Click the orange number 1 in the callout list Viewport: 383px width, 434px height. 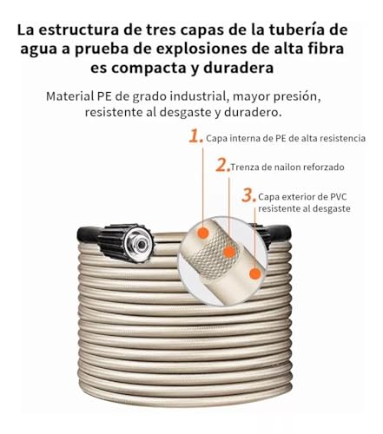[x=195, y=135]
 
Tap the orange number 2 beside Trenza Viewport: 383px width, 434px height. [x=222, y=165]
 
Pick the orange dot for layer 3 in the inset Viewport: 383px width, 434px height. [x=254, y=273]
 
